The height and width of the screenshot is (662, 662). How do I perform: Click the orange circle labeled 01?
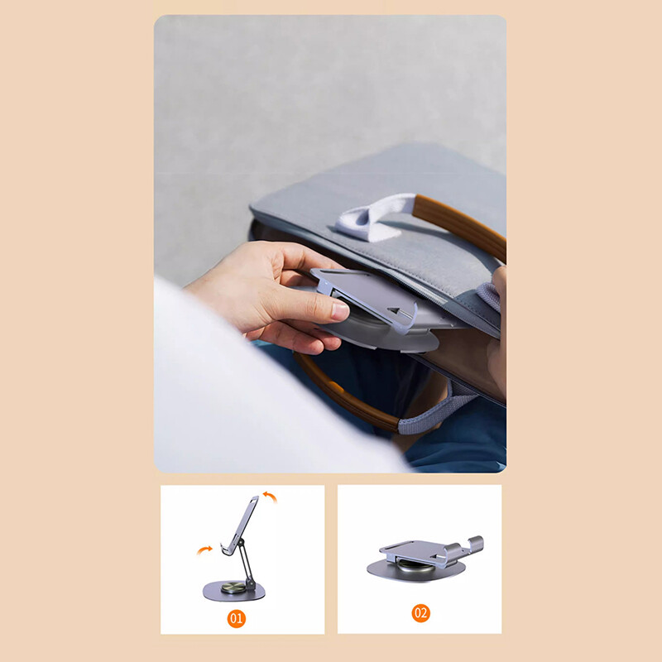pos(237,618)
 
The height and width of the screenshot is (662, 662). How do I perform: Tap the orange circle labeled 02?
pos(421,613)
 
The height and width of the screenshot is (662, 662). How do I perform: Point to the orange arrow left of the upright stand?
pos(204,549)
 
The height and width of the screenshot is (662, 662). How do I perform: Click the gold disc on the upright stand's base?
pos(233,588)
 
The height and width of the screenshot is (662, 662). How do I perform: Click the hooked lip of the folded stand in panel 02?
pos(476,544)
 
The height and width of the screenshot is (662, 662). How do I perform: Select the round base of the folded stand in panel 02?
pos(416,571)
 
